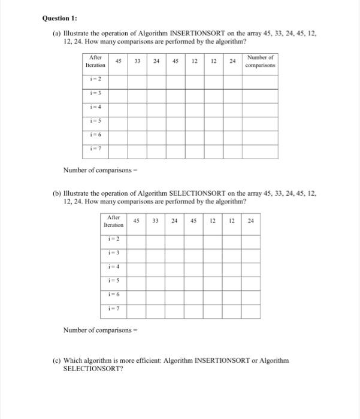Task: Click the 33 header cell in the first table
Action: coord(137,61)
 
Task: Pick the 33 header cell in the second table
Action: coord(156,220)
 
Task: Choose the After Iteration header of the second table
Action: coord(114,221)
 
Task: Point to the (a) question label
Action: coord(58,34)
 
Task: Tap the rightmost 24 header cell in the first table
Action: coord(232,61)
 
